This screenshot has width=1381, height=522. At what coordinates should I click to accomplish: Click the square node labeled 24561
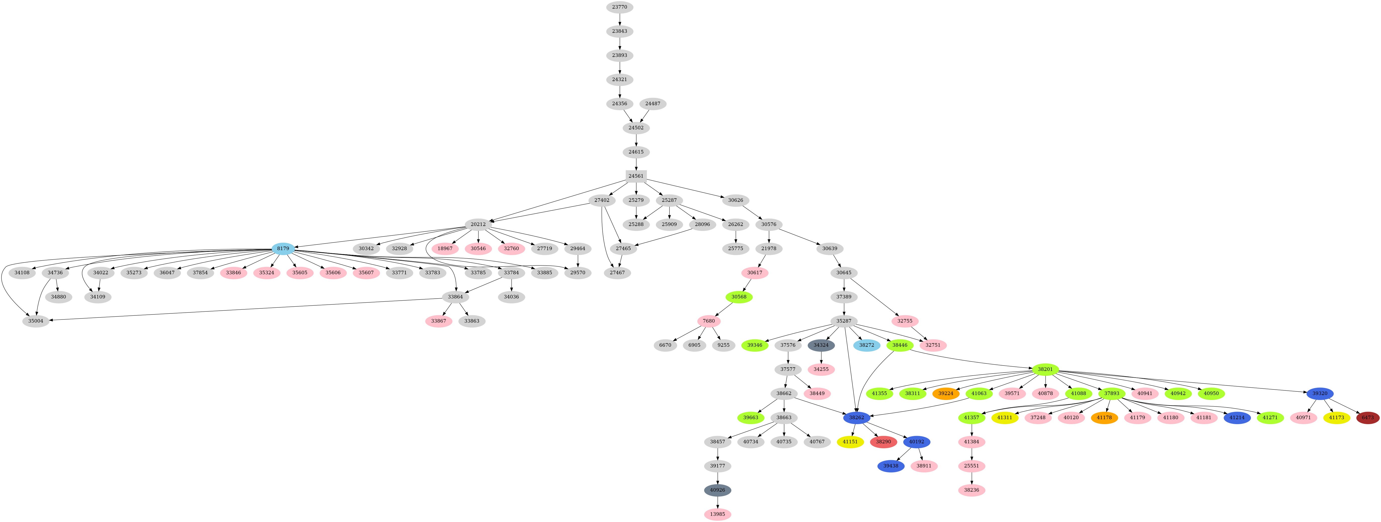(x=636, y=176)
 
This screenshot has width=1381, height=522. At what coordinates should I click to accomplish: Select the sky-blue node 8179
(x=283, y=248)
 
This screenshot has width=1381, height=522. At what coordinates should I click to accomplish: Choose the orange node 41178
(x=1104, y=417)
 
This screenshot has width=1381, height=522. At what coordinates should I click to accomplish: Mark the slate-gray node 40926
(x=717, y=490)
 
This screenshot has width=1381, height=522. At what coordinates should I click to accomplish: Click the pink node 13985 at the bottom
(x=717, y=514)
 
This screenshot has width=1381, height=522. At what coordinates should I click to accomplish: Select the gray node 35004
(x=36, y=321)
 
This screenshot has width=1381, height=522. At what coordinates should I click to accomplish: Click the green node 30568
(x=739, y=297)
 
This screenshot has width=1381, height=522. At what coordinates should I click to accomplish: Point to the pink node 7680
(x=709, y=321)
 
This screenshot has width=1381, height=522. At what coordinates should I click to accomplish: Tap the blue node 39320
(x=1320, y=393)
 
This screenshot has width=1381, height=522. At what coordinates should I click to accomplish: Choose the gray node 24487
(x=652, y=104)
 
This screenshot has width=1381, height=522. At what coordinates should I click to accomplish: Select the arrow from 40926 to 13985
(x=717, y=502)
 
